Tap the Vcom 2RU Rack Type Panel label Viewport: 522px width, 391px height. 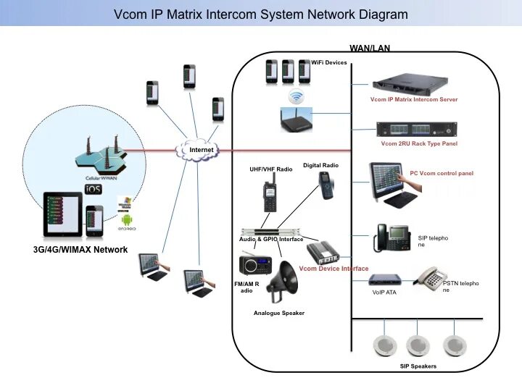pos(419,143)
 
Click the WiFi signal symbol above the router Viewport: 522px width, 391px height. pos(295,96)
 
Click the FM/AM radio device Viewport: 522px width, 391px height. pos(251,265)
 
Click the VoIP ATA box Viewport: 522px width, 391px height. pos(384,279)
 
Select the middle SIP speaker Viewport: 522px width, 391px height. pos(419,345)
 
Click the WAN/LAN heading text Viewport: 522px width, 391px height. pos(370,49)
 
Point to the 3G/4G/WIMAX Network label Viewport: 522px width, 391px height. pos(80,250)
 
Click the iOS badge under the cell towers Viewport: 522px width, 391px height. pos(94,189)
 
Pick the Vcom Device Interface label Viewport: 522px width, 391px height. pos(334,269)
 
